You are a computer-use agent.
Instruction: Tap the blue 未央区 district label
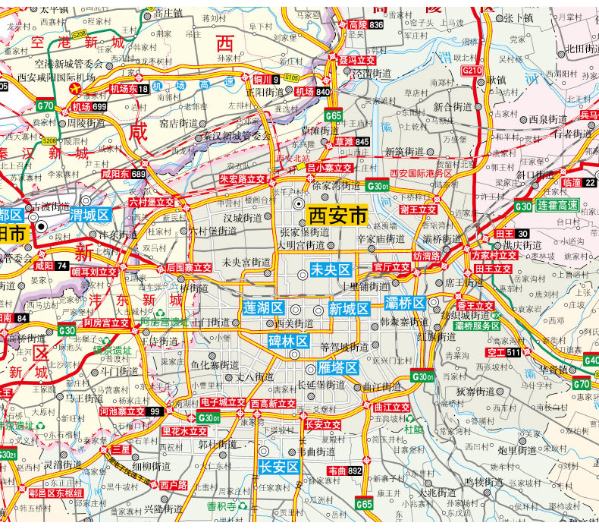coord(330,270)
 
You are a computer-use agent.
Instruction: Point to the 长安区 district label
coord(279,467)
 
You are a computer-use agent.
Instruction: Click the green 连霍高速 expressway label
coord(557,206)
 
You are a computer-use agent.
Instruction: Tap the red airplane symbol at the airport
coord(75,89)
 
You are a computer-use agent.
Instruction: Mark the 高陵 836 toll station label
coord(367,25)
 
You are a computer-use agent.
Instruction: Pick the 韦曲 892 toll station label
coord(345,471)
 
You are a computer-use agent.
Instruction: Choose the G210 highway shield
coord(472,71)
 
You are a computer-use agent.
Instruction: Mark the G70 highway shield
coord(45,106)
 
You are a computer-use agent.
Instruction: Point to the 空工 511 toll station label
coord(504,353)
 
